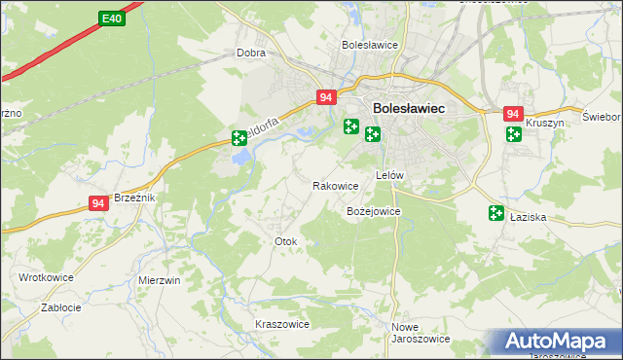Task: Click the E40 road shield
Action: (111, 18)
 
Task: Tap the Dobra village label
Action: (251, 54)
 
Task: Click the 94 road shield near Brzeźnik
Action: (97, 202)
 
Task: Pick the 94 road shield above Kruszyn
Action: (513, 114)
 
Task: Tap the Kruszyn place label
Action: (545, 124)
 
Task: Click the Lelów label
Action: (388, 175)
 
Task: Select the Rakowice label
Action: (335, 185)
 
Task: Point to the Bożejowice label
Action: (374, 210)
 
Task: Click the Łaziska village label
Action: (529, 218)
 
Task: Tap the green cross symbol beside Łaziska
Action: (496, 213)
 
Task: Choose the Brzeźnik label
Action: (134, 197)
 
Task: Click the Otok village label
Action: (285, 240)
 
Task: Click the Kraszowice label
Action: (281, 324)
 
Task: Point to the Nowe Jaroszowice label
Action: (420, 333)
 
